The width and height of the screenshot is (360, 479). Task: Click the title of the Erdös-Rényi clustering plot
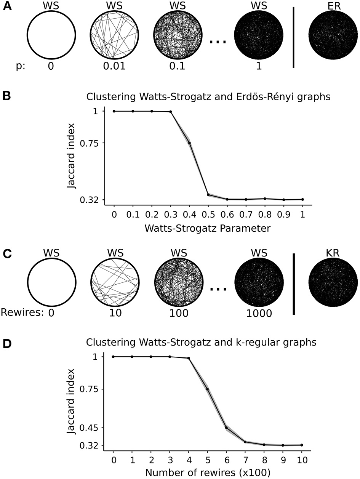(208, 97)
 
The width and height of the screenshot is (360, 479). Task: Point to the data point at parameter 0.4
(189, 143)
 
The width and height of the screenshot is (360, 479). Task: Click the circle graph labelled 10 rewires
(114, 282)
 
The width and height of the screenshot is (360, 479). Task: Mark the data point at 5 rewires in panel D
(207, 389)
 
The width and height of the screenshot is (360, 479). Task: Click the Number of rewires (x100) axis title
(207, 474)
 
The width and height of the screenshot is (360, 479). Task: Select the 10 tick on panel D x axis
(301, 460)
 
